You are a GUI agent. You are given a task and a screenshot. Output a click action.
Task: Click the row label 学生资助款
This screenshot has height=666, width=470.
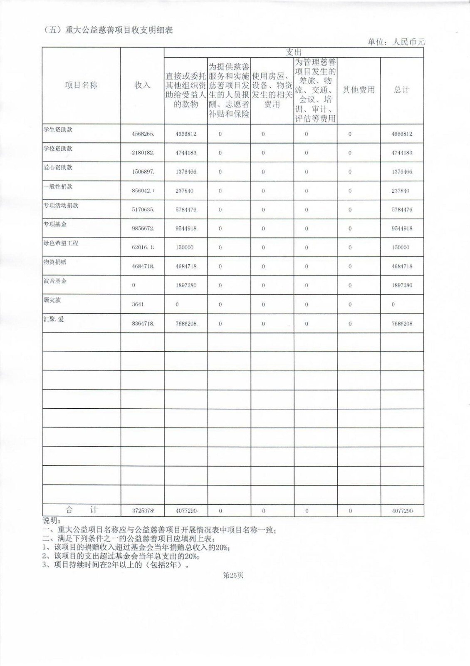click(x=58, y=130)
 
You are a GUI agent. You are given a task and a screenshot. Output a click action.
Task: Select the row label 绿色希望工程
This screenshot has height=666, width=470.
click(x=61, y=243)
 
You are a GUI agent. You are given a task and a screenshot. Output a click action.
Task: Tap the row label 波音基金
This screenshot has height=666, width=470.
click(x=55, y=281)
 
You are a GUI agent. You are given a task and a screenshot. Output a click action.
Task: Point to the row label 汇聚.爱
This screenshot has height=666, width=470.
click(x=54, y=319)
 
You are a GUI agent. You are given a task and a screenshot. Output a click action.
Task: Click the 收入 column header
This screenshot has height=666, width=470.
click(x=142, y=85)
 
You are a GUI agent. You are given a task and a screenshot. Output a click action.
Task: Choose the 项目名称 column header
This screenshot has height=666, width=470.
click(x=81, y=85)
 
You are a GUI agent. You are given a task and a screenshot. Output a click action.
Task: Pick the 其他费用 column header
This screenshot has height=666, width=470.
click(x=359, y=90)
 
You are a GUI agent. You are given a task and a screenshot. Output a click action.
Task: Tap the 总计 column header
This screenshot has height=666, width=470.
click(x=402, y=90)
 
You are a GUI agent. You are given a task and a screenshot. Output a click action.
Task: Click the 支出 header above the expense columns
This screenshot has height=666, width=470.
click(x=294, y=52)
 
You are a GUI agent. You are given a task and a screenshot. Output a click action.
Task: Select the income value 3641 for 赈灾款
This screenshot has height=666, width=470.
click(x=138, y=304)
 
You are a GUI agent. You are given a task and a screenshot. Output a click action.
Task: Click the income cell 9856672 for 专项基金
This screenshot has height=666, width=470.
click(x=143, y=229)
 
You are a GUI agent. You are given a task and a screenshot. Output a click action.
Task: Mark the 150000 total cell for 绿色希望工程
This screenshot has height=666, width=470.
click(x=400, y=247)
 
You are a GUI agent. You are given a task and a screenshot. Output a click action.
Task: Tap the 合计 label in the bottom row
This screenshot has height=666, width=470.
click(x=82, y=510)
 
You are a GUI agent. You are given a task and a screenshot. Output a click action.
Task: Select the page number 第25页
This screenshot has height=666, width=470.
click(x=233, y=575)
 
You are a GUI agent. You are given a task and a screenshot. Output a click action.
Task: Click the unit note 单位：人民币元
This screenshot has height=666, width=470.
click(x=396, y=42)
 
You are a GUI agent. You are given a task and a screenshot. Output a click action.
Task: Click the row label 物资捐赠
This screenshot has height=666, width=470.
click(x=55, y=262)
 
